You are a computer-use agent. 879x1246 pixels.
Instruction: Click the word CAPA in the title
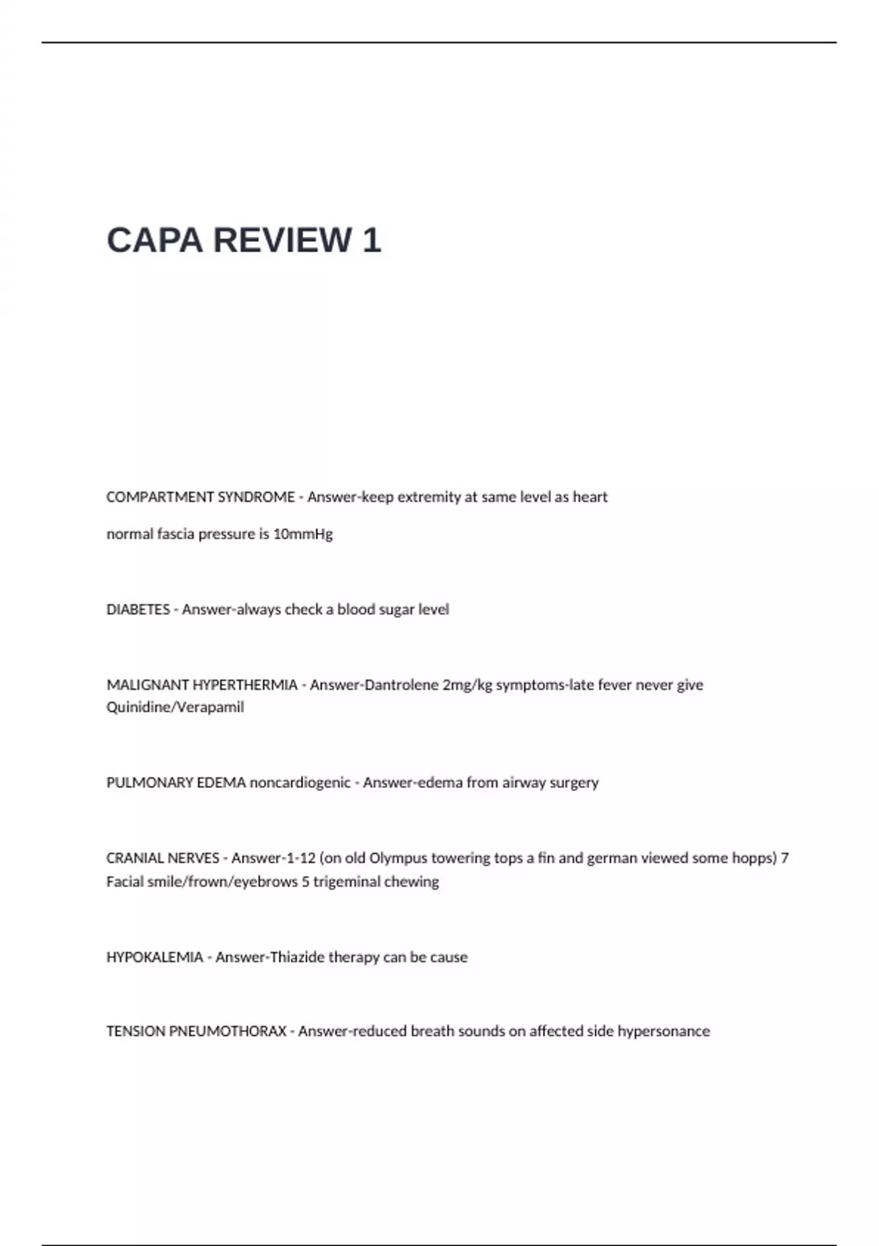(155, 240)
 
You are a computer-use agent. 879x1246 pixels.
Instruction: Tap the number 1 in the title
(371, 240)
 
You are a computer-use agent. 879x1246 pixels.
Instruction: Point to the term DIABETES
(138, 610)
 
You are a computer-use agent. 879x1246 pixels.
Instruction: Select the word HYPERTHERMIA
(245, 685)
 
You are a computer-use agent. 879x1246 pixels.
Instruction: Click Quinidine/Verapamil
(175, 707)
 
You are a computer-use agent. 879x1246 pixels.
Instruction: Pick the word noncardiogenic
(300, 783)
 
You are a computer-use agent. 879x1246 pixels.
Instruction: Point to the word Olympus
(398, 858)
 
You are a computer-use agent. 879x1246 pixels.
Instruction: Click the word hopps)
(754, 858)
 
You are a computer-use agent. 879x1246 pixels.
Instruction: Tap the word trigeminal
(344, 882)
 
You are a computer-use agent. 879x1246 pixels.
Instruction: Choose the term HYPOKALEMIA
(155, 957)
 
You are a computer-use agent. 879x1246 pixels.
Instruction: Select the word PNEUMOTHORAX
(228, 1031)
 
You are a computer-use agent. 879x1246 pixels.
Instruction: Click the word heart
(590, 497)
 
